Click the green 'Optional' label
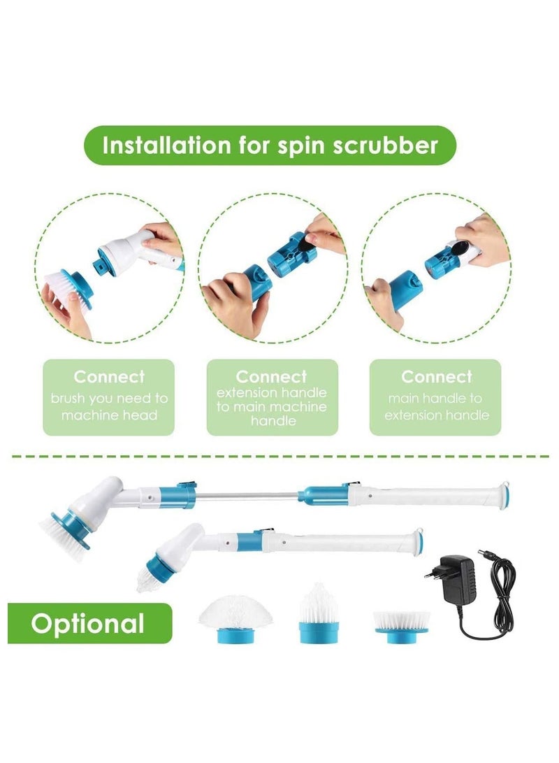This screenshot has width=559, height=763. (x=88, y=623)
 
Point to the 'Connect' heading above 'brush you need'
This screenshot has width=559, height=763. (x=109, y=376)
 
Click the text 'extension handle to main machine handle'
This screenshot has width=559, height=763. (x=272, y=406)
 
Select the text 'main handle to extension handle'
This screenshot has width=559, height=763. (x=435, y=406)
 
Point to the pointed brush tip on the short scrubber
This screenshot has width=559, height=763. (x=151, y=577)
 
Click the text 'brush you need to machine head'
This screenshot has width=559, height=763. (x=109, y=406)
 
